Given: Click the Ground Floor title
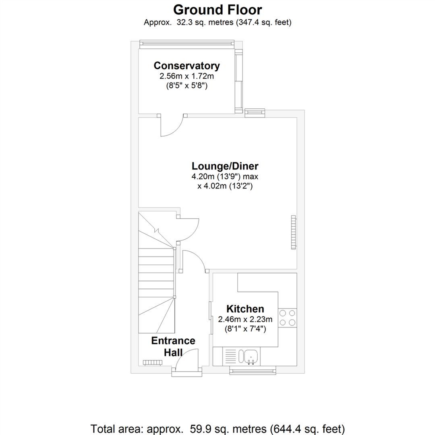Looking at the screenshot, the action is click(217, 9).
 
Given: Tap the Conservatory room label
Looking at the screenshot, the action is click(186, 66).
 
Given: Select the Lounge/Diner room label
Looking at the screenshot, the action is click(225, 166).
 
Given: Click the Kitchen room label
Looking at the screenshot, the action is click(245, 309).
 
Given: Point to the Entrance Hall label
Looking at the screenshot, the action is click(173, 346).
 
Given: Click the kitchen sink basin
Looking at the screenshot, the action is click(250, 356).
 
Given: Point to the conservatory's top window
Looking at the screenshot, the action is click(186, 43).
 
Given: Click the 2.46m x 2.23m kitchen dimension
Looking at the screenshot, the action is click(245, 320).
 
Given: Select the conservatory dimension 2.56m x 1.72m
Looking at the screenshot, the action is click(186, 76).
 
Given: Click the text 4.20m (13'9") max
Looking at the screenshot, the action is click(225, 176).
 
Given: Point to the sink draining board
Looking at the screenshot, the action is click(231, 356).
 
